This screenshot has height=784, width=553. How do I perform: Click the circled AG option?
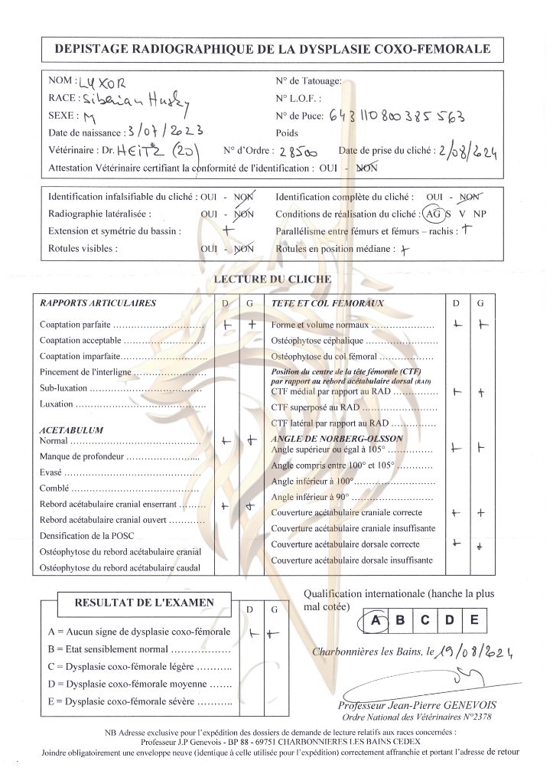[x=433, y=214]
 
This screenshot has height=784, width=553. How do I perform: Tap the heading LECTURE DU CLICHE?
[x=272, y=279]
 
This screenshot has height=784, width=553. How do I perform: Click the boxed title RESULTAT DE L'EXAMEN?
[x=144, y=603]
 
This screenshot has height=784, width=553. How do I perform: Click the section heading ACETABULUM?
[x=71, y=430]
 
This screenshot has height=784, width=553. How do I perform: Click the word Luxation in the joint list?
[x=57, y=403]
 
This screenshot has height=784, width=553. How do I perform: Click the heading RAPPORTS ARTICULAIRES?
[x=98, y=303]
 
